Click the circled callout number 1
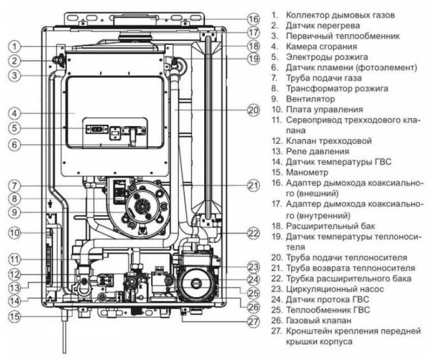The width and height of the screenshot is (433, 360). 16,47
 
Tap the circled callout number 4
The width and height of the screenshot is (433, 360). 16,112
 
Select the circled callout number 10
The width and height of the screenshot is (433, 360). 16,233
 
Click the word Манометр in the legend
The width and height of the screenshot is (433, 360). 308,172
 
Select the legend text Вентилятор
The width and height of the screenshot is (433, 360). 310,99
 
